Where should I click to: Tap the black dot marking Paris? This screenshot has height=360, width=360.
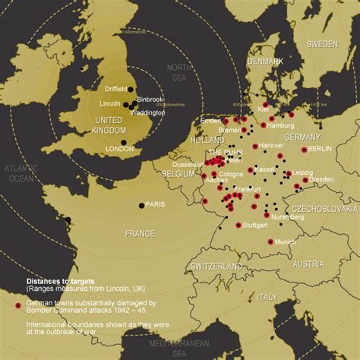tap(142, 204)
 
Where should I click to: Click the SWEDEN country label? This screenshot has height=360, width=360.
tap(321, 44)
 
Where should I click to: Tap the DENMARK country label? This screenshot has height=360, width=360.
tap(265, 61)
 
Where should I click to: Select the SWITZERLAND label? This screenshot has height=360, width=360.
tap(216, 267)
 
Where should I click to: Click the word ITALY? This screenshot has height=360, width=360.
tap(267, 296)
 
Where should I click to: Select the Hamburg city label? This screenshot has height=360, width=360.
tap(280, 125)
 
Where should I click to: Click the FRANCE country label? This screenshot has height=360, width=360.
tap(140, 233)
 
